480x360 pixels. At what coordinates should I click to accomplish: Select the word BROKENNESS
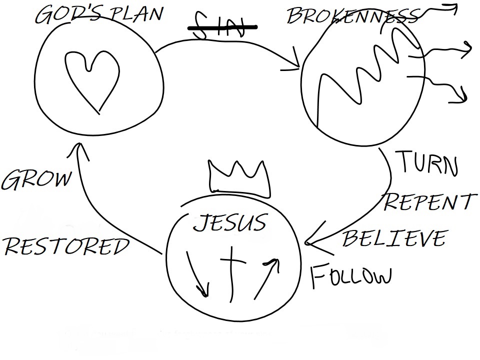point(352,16)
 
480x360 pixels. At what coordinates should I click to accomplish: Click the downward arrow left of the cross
point(196,272)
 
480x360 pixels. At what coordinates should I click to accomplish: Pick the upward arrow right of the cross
point(267,278)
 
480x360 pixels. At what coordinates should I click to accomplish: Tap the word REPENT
point(430,202)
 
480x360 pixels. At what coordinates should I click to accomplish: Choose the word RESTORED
point(66,246)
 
